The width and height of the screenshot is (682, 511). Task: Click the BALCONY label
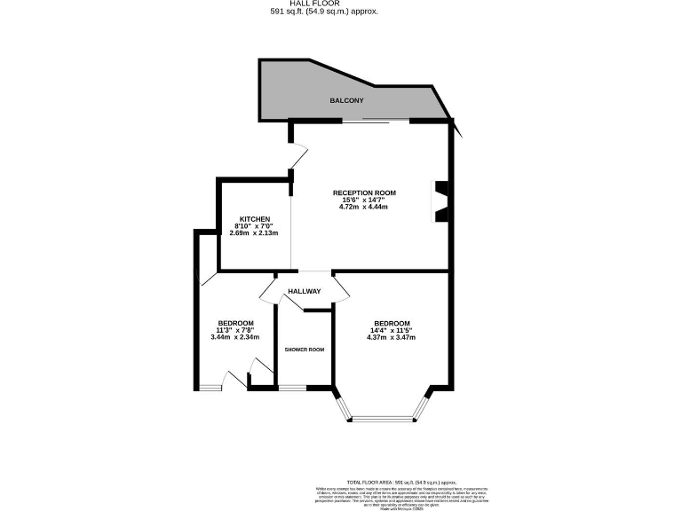[x=347, y=101]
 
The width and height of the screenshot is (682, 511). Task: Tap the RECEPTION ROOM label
[x=364, y=193]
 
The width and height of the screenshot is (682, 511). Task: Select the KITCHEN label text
[x=254, y=219]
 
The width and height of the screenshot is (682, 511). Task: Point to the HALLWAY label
[x=304, y=292]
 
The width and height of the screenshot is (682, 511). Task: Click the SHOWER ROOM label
[x=304, y=350]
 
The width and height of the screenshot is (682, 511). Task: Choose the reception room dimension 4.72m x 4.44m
[x=364, y=208]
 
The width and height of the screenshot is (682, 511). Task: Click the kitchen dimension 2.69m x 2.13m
[x=254, y=233]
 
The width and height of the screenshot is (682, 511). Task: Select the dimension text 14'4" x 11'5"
[x=392, y=330]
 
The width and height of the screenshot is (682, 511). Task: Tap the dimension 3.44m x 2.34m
[x=235, y=337]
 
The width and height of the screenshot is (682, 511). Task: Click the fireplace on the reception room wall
[x=440, y=202]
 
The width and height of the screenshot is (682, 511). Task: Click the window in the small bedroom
[x=210, y=387]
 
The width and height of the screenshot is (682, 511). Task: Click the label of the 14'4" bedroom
[x=392, y=323]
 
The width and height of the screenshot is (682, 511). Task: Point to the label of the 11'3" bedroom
[x=235, y=323]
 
